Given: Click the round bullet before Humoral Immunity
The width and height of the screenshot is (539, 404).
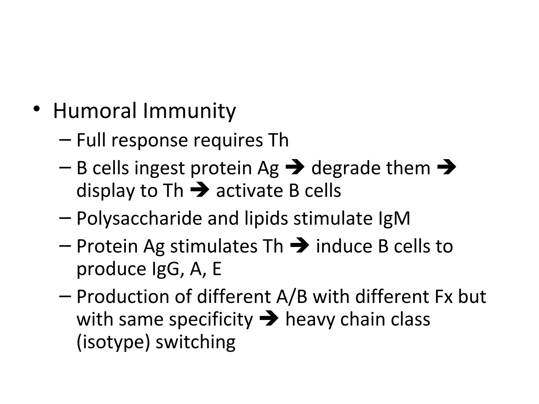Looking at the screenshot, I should [37, 109].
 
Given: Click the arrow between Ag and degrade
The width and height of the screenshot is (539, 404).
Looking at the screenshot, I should [295, 168].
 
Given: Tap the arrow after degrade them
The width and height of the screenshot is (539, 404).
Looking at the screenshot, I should [446, 168].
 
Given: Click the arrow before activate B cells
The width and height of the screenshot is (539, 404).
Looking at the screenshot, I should [199, 190].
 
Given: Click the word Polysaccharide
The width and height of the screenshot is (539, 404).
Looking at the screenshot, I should [139, 219].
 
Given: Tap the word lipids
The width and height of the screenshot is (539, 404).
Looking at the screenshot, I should [266, 219].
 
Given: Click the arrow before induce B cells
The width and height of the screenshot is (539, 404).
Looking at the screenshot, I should [300, 246].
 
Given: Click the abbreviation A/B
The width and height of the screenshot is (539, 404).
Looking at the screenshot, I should [292, 297].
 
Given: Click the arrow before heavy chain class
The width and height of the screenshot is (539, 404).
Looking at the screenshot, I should [269, 319].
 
